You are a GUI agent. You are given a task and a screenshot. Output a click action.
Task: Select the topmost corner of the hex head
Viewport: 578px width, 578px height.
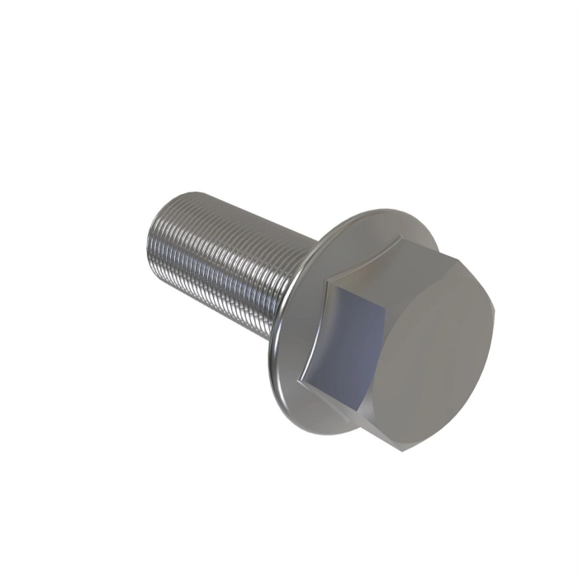pyautogui.click(x=402, y=239)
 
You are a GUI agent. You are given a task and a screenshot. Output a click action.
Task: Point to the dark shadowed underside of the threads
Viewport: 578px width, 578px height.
pyautogui.click(x=231, y=297)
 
